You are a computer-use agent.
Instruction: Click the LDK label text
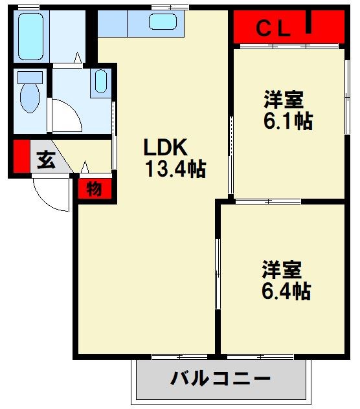tap(165, 146)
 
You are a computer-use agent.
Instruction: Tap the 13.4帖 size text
tap(175, 170)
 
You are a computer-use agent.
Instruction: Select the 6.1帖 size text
tap(288, 121)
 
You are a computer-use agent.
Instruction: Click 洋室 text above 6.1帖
tap(284, 100)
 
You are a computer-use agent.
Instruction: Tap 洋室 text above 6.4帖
tap(282, 269)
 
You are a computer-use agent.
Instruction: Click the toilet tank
tap(30, 78)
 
